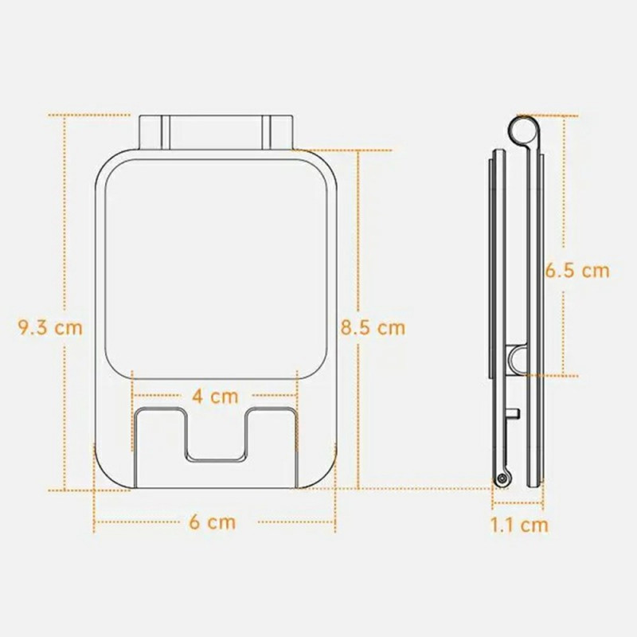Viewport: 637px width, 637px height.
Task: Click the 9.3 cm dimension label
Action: (x=50, y=327)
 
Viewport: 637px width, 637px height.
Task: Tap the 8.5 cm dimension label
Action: (x=373, y=327)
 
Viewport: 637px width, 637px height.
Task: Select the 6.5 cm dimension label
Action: (x=576, y=271)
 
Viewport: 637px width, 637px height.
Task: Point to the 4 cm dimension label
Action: (x=215, y=396)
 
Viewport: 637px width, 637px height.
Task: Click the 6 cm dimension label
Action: (x=213, y=522)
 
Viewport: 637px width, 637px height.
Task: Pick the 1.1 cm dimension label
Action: (x=520, y=526)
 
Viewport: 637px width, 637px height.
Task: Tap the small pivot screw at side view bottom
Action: (x=504, y=479)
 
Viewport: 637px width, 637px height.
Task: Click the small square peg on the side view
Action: (x=513, y=413)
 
